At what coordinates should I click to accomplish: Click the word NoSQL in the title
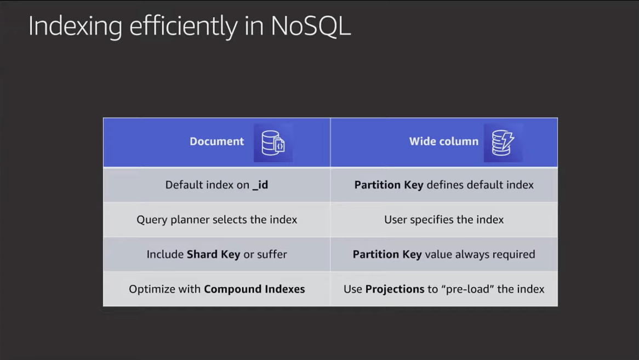[311, 26]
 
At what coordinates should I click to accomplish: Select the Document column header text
[217, 141]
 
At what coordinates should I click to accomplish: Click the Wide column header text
[444, 141]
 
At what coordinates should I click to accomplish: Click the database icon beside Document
[273, 142]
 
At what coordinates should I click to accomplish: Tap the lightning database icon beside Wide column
[503, 142]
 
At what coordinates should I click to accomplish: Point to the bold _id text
[260, 185]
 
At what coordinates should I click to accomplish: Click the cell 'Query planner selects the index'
[217, 220]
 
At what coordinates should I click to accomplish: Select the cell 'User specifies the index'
[444, 220]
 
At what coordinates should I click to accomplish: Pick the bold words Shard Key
[213, 254]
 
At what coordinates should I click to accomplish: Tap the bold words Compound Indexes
[254, 289]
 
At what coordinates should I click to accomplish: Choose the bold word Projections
[395, 289]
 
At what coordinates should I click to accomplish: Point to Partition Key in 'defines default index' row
[389, 185]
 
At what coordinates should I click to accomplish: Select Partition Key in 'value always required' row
[387, 254]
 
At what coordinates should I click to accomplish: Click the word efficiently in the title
[184, 27]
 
